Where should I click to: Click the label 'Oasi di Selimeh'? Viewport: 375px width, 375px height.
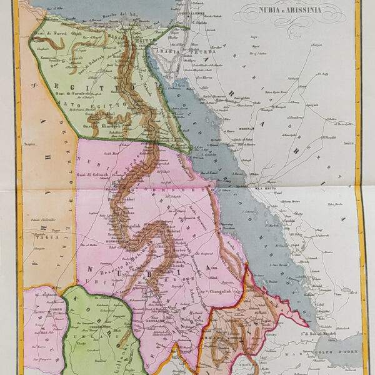(x=94, y=174)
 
